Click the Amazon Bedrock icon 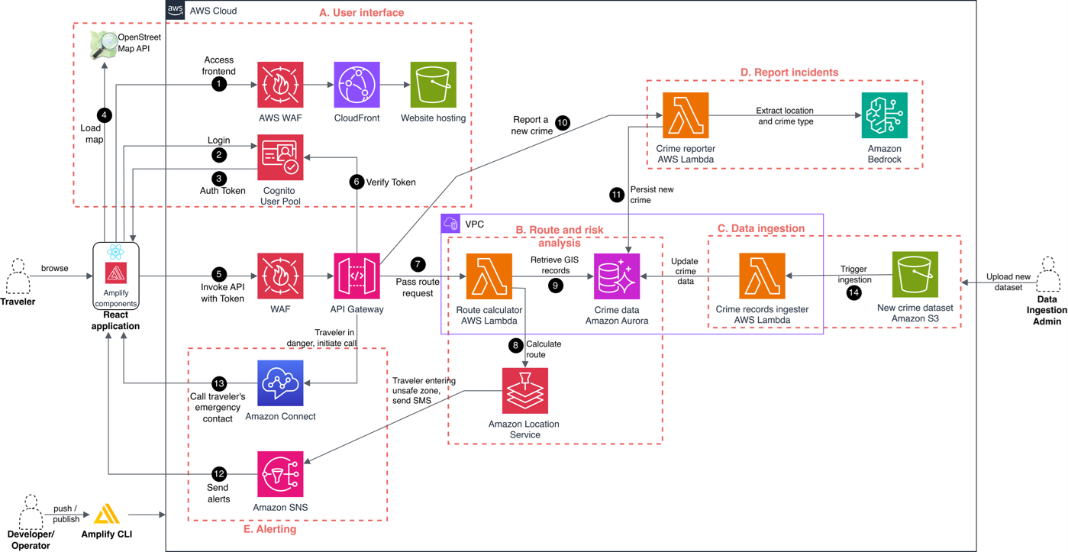pyautogui.click(x=884, y=115)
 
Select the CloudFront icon pyautogui.click(x=357, y=85)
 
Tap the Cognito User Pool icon pyautogui.click(x=280, y=157)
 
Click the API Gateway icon pyautogui.click(x=357, y=276)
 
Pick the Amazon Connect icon pyautogui.click(x=280, y=383)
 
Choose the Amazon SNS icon pyautogui.click(x=280, y=474)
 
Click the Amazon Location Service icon pyautogui.click(x=524, y=390)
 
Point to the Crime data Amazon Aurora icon pyautogui.click(x=616, y=276)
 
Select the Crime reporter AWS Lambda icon pyautogui.click(x=686, y=115)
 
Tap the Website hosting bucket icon pyautogui.click(x=433, y=85)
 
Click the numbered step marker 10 pyautogui.click(x=563, y=123)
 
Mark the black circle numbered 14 pyautogui.click(x=853, y=292)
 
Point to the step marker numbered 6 pyautogui.click(x=356, y=182)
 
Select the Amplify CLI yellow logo pyautogui.click(x=107, y=514)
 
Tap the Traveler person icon pyautogui.click(x=18, y=276)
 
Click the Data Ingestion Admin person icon pyautogui.click(x=1048, y=276)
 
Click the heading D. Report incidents pyautogui.click(x=789, y=73)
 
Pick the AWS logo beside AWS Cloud pyautogui.click(x=176, y=10)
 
